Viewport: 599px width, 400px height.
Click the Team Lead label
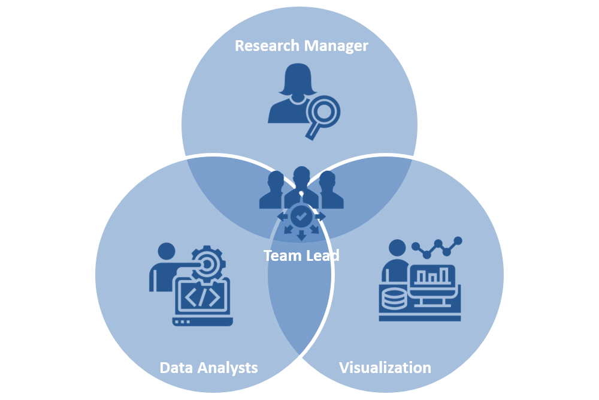[301, 255]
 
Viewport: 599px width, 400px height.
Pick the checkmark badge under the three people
[301, 215]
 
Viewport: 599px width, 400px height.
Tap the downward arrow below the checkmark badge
[301, 235]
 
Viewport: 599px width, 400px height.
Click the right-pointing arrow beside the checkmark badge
[321, 215]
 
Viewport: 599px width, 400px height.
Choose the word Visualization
[385, 367]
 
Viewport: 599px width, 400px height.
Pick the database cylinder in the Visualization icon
[393, 297]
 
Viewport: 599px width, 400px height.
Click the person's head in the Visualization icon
[397, 248]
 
